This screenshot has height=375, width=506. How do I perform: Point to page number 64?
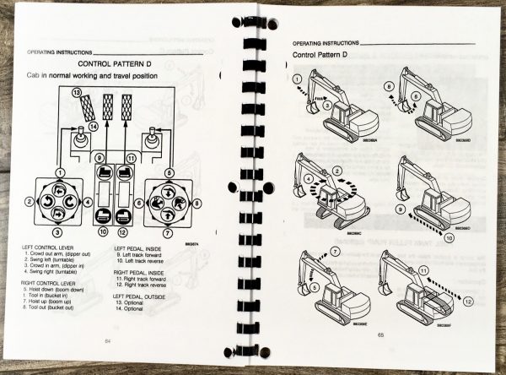point(108,339)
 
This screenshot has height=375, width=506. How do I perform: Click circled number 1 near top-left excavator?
point(301,83)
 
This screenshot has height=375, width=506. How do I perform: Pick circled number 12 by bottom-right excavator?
point(468,299)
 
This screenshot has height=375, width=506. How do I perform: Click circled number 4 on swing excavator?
point(308,179)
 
